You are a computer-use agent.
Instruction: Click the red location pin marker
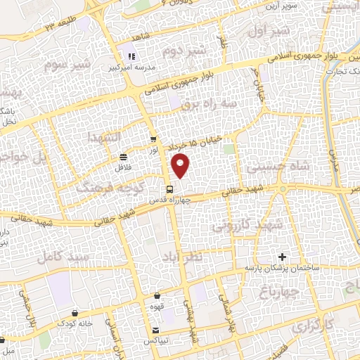[x=181, y=166]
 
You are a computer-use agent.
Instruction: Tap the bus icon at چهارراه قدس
[x=169, y=188]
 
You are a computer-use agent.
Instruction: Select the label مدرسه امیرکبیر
[x=129, y=67]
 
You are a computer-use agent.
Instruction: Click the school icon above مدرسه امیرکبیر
[x=130, y=56]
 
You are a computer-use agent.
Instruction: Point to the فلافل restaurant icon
[x=124, y=157]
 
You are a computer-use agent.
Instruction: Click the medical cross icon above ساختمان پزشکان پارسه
[x=283, y=257]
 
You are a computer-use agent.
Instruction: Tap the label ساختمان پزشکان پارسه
[x=281, y=269]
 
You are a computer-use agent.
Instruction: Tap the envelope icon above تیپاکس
[x=155, y=329]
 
